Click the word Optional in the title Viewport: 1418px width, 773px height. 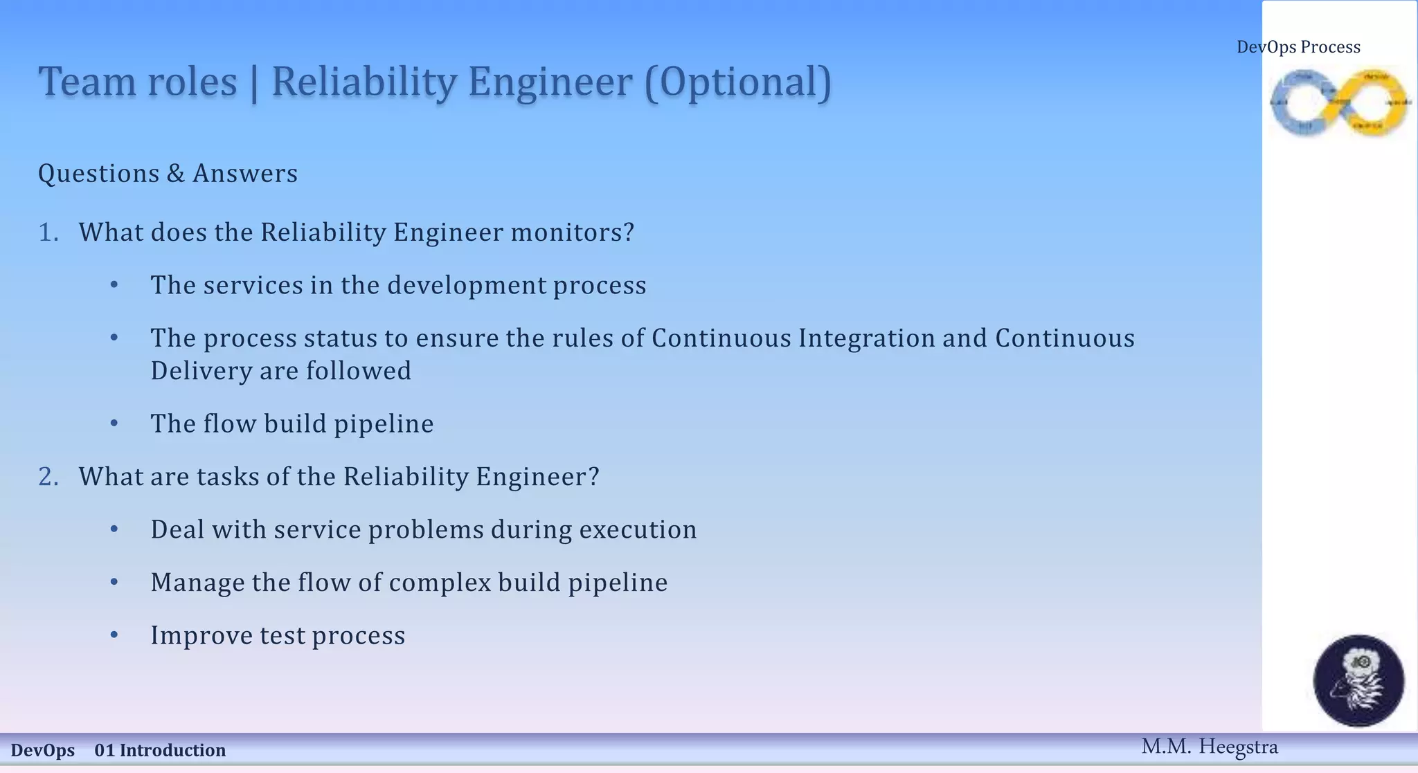[x=738, y=82]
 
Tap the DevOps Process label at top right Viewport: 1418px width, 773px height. [x=1298, y=47]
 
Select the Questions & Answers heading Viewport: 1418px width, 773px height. [x=168, y=173]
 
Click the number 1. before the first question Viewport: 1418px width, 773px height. [x=48, y=233]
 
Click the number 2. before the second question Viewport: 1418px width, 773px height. [x=48, y=477]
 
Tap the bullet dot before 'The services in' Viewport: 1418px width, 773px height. [x=114, y=285]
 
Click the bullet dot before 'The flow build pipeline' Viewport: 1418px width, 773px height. [x=114, y=424]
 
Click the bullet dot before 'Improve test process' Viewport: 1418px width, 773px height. [x=114, y=635]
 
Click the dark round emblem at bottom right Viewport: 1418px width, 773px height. [x=1358, y=680]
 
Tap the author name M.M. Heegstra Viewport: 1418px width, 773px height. [x=1209, y=747]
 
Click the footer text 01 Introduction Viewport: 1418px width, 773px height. [x=160, y=750]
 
